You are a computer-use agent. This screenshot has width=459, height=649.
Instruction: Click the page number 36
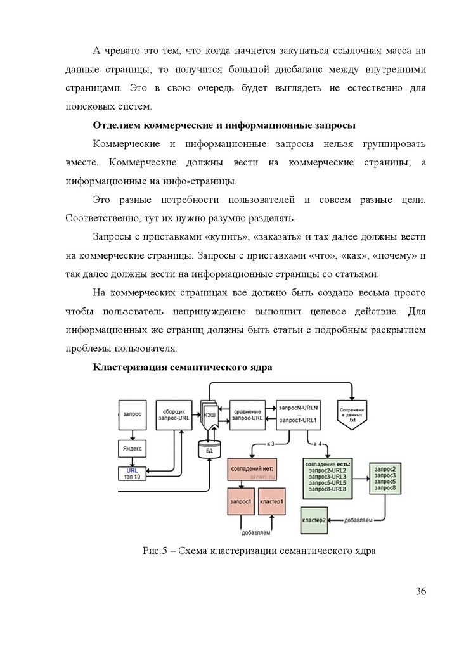[x=420, y=592]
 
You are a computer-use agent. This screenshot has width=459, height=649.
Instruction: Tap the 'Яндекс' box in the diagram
[x=133, y=449]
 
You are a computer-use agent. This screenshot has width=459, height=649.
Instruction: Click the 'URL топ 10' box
[x=133, y=473]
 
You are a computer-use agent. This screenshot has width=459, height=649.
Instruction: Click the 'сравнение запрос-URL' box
[x=248, y=414]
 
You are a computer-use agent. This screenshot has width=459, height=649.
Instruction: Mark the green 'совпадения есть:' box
[x=327, y=476]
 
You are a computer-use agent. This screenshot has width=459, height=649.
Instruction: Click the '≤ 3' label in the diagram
[x=270, y=443]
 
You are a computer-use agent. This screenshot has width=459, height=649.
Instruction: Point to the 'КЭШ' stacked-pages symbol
[x=209, y=414]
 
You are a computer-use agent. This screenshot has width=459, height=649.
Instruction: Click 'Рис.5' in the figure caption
[x=154, y=550]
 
